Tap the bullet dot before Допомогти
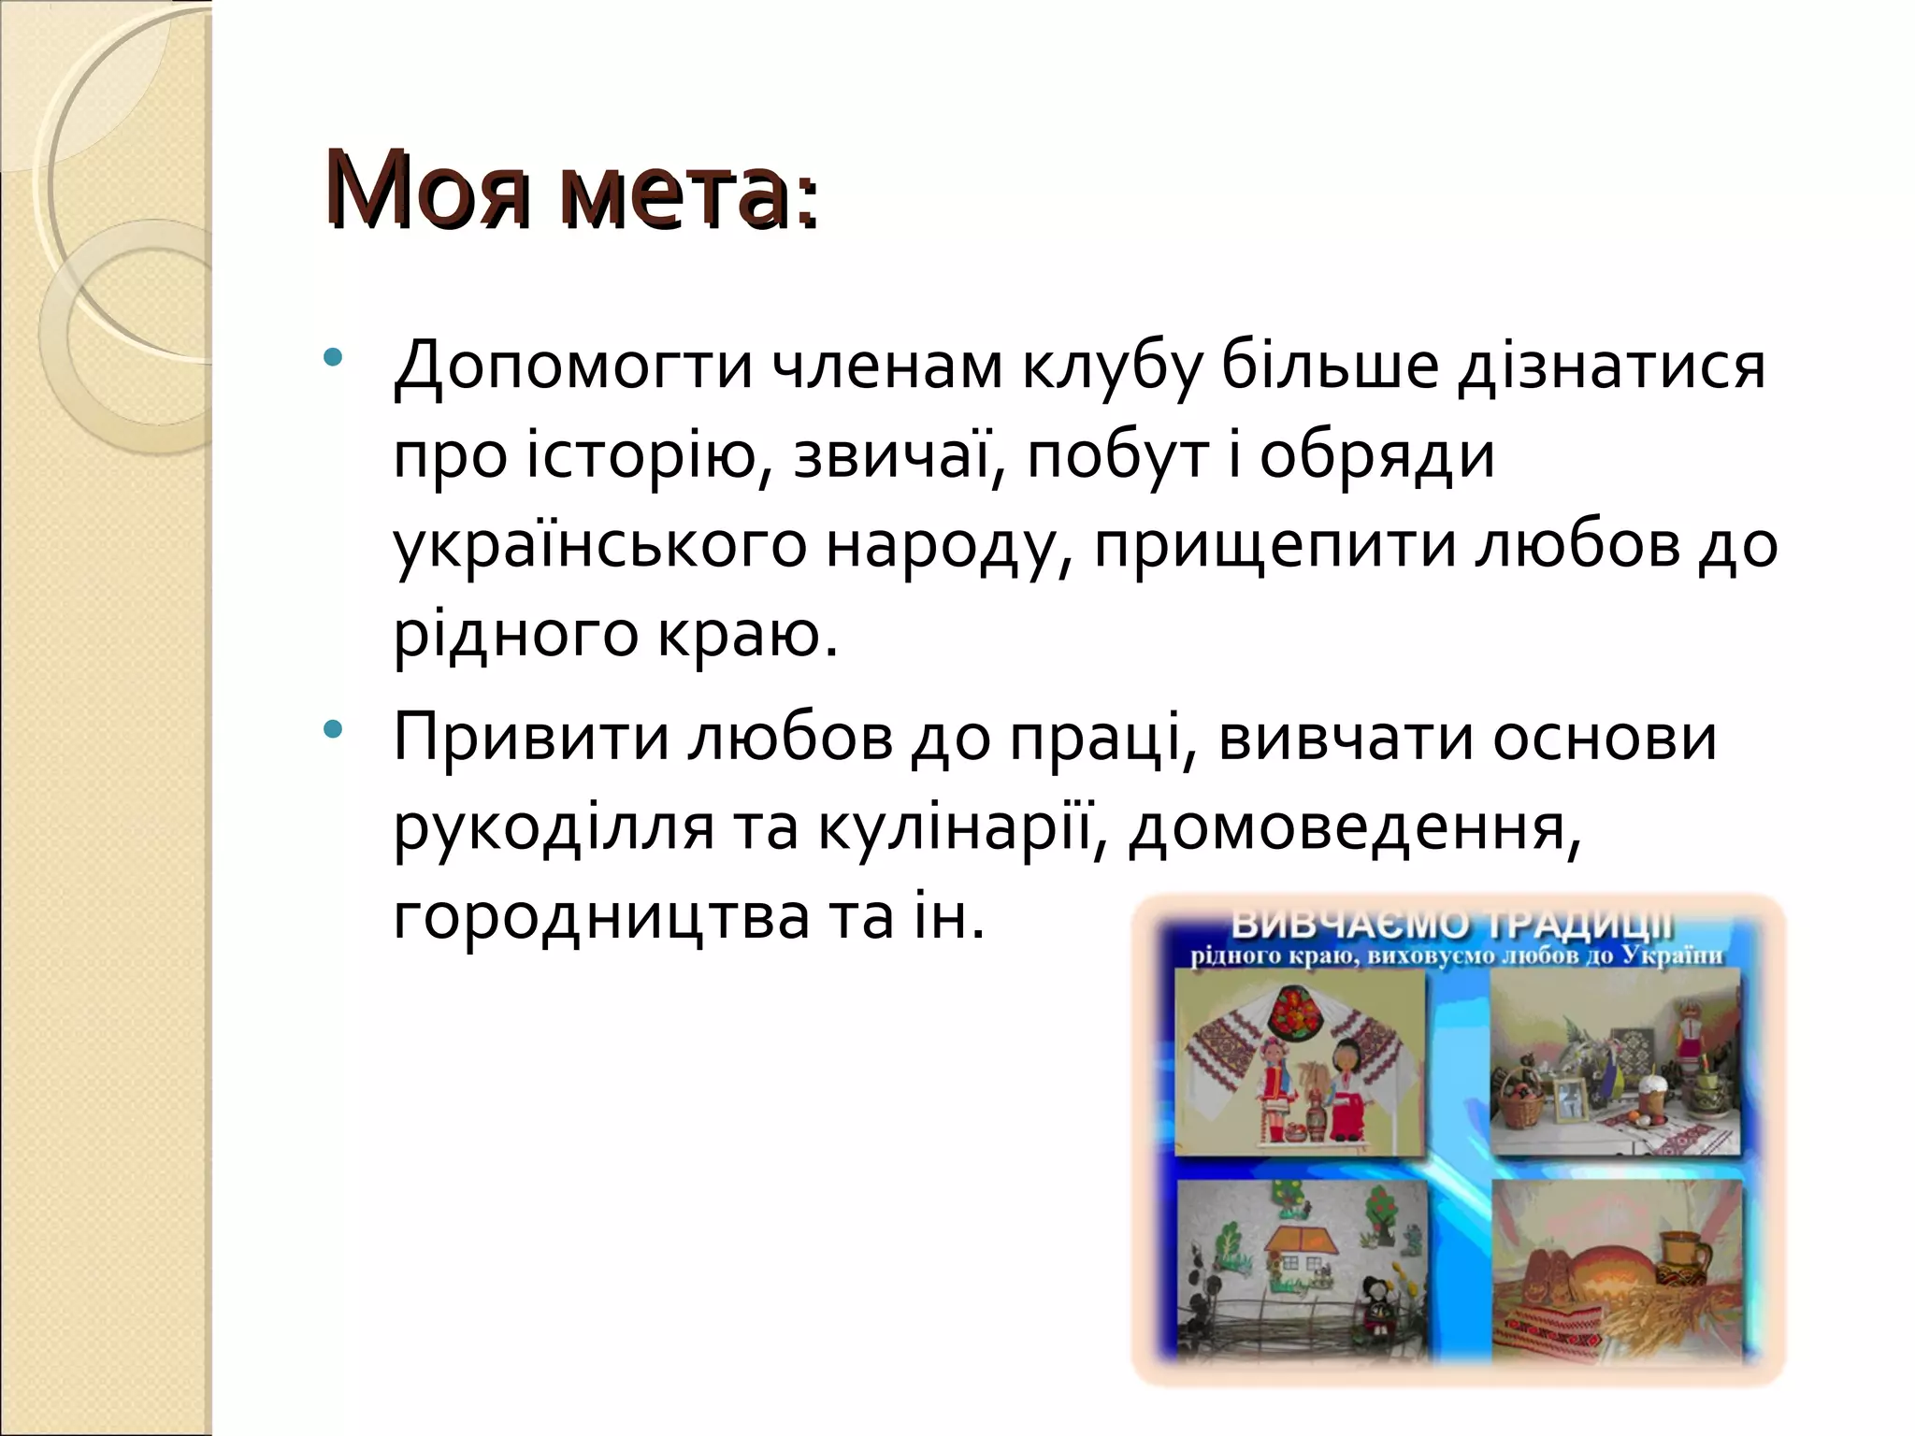coord(332,359)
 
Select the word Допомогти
coord(572,367)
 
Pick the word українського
coord(598,548)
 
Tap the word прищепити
coord(1275,548)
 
